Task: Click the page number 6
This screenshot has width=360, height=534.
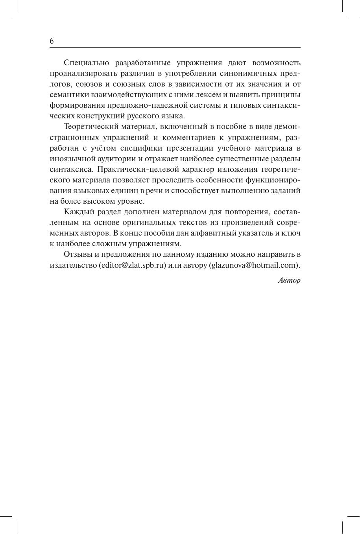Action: point(52,41)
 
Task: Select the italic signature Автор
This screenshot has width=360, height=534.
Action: point(289,280)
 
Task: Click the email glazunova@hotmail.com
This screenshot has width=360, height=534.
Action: point(253,265)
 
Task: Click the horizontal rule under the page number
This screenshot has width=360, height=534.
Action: point(175,48)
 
